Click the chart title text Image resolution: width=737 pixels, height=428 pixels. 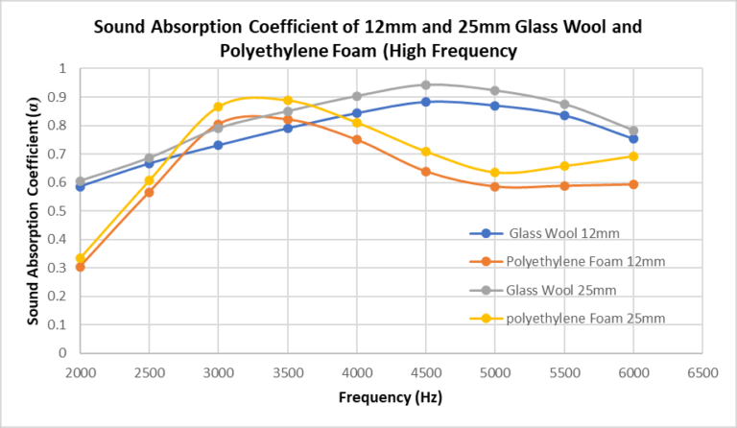point(368,38)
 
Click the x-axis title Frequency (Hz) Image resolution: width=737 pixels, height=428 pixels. point(392,395)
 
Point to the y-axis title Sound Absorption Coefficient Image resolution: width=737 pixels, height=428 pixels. point(36,210)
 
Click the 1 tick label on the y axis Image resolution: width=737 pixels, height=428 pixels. point(63,69)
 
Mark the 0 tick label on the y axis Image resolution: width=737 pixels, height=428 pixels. point(63,353)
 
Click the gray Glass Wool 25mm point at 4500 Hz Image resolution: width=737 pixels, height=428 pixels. point(426,84)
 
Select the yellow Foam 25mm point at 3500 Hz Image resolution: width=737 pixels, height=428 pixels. point(288,100)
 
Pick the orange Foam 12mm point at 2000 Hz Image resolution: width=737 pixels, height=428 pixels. point(81,267)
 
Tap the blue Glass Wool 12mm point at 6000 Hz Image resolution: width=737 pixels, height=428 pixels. point(633,139)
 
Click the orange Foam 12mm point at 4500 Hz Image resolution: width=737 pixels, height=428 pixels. point(426,172)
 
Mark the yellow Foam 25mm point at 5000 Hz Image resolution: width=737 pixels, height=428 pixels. point(495,173)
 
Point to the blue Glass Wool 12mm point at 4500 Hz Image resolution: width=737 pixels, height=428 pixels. point(426,102)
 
